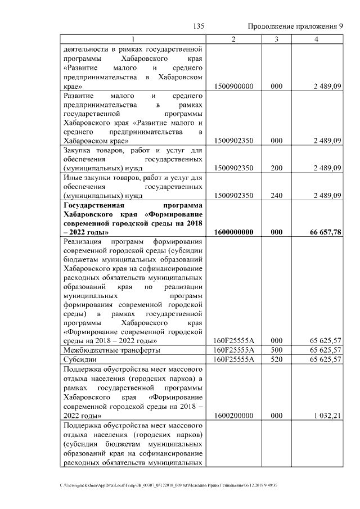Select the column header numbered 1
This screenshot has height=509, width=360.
[133, 39]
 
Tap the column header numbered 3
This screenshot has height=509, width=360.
[276, 39]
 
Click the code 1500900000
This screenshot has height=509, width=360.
[235, 86]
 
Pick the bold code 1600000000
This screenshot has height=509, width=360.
[235, 232]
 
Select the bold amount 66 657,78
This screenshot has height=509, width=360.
[322, 232]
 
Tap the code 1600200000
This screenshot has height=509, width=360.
[235, 416]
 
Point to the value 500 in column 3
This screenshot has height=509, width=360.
[276, 350]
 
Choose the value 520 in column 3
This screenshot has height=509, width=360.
[276, 359]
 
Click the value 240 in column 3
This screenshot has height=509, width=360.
[276, 196]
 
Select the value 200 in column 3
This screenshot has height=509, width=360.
[276, 168]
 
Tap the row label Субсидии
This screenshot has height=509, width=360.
[81, 359]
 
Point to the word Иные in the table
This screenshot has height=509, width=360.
[73, 178]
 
